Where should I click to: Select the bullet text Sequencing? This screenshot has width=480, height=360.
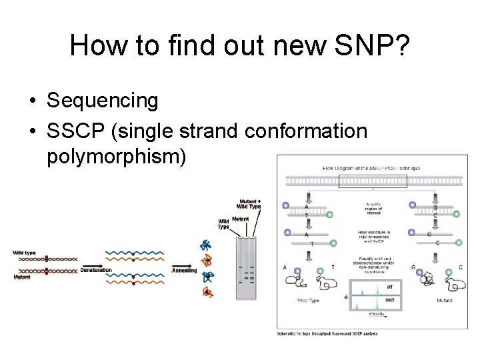pos(103,101)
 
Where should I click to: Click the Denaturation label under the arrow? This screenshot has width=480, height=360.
pos(96,270)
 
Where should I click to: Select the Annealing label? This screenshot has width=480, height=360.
pos(184,271)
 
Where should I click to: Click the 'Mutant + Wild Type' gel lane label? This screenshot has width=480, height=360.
pos(249,203)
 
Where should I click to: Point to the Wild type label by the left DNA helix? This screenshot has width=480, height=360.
pos(24,252)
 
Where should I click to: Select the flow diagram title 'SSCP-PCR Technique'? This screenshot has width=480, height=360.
pos(371,168)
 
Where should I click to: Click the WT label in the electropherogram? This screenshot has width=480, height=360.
pos(390,287)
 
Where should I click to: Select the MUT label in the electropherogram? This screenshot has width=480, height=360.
pos(389,301)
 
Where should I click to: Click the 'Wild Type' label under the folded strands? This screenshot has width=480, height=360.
pos(309,301)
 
